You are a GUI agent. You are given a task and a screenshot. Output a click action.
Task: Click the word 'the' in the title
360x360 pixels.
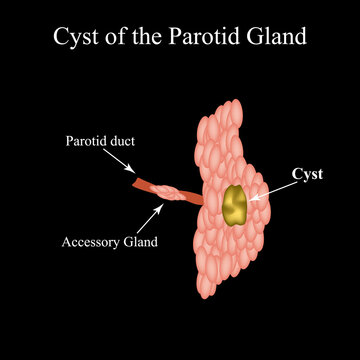(146, 38)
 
